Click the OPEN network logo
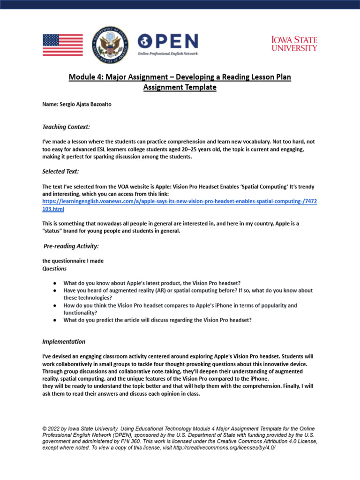pyautogui.click(x=168, y=45)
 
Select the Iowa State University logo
pyautogui.click(x=294, y=44)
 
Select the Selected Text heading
pyautogui.click(x=60, y=172)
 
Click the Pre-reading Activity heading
pyautogui.click(x=71, y=246)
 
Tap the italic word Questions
pyautogui.click(x=54, y=269)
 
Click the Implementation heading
pyautogui.click(x=64, y=341)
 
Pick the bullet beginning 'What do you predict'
pyautogui.click(x=157, y=320)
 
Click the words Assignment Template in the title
pyautogui.click(x=180, y=87)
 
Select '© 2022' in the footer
pyautogui.click(x=52, y=428)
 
